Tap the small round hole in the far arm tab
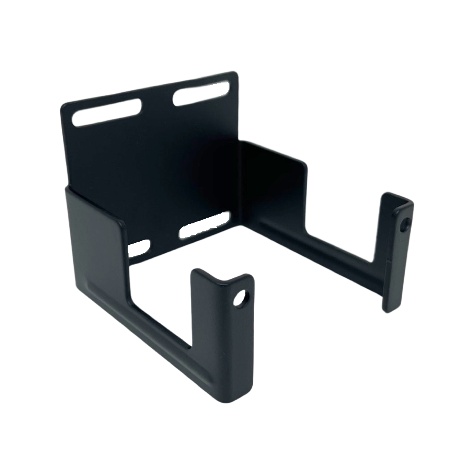(x=405, y=225)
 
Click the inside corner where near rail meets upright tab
(x=191, y=347)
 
